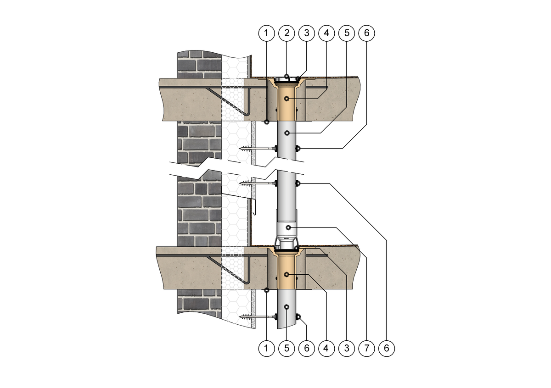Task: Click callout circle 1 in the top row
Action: click(267, 33)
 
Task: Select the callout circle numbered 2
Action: click(287, 33)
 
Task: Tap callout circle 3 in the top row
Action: click(307, 33)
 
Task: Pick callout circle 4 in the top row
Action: click(326, 33)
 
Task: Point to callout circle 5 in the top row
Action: click(347, 33)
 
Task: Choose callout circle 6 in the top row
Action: click(367, 33)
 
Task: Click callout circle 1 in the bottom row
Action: click(267, 348)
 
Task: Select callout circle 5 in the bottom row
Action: click(287, 348)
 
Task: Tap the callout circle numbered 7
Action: click(367, 348)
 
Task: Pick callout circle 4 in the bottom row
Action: click(326, 348)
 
